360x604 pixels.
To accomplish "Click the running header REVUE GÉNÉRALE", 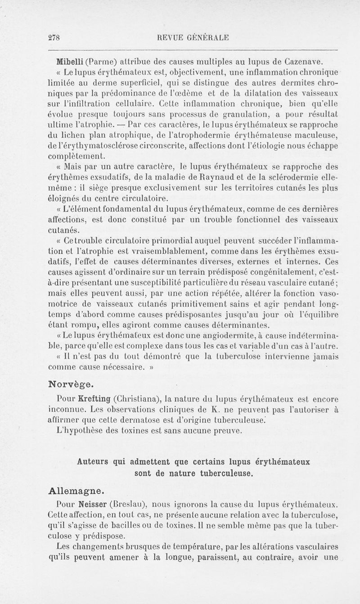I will (191, 38).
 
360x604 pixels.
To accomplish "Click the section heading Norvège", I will (71, 384).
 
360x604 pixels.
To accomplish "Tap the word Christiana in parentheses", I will (137, 398).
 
